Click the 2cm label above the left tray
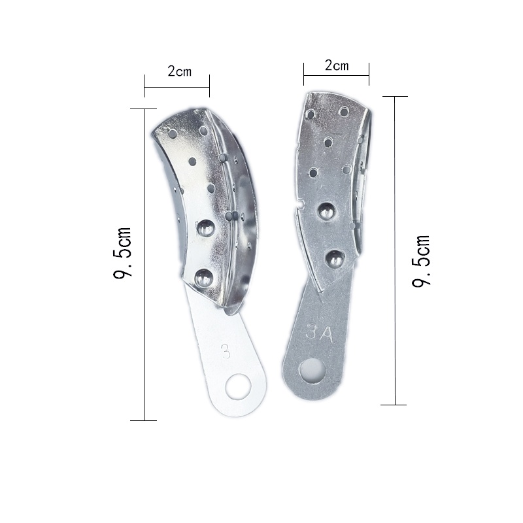(x=179, y=71)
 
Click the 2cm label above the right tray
(x=337, y=65)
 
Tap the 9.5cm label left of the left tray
(x=122, y=252)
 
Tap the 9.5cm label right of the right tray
(x=420, y=261)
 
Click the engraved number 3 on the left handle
(x=226, y=351)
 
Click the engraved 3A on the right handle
(x=319, y=333)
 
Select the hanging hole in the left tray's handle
(x=238, y=386)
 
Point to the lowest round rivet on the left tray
(x=204, y=278)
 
